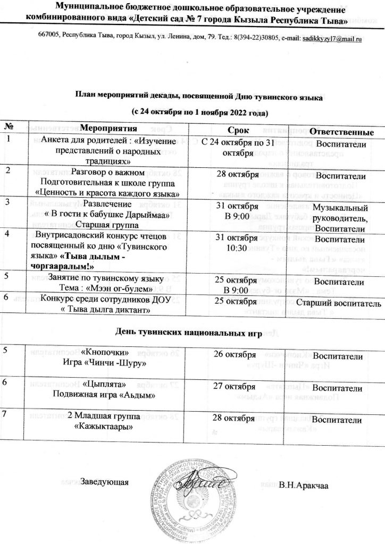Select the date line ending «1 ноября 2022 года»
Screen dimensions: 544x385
click(x=199, y=114)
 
